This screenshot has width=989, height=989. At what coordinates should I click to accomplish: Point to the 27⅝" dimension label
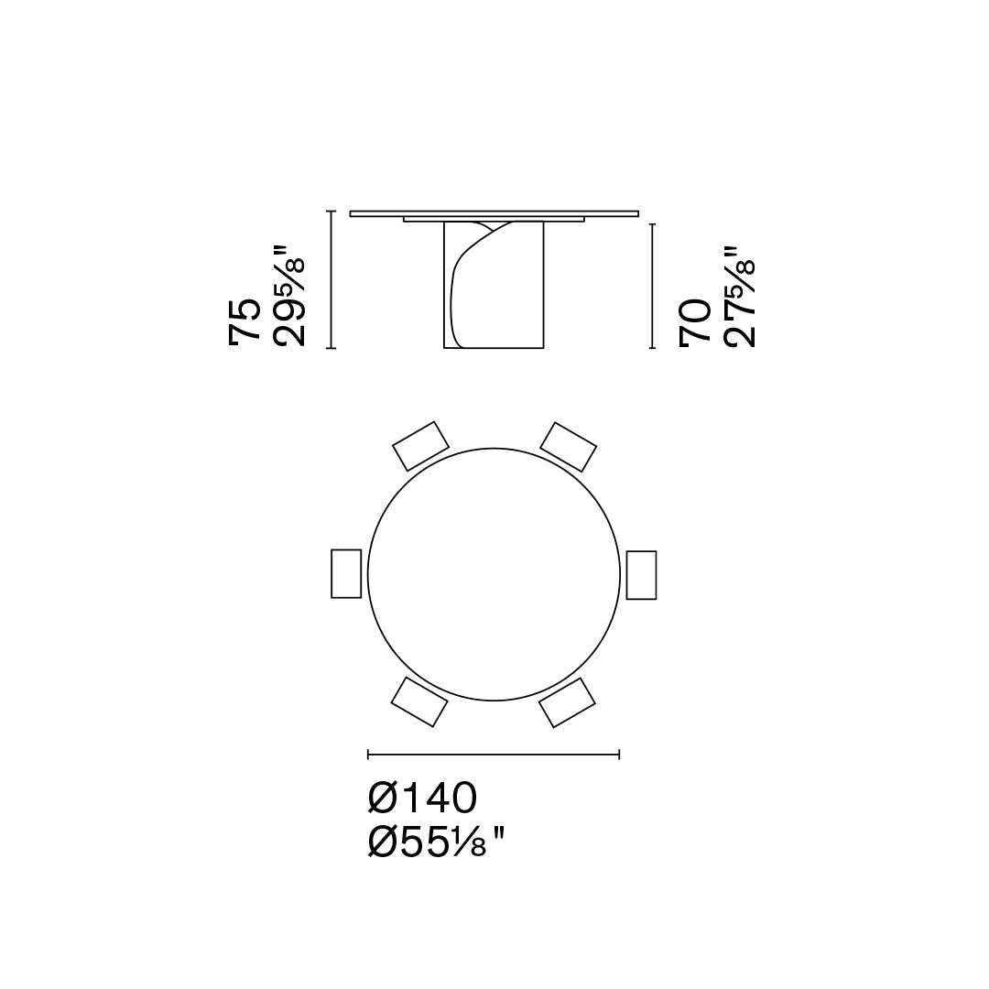(x=739, y=296)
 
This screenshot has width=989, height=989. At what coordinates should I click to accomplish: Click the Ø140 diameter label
(x=422, y=799)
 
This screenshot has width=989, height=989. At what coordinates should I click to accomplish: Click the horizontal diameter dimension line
(x=494, y=755)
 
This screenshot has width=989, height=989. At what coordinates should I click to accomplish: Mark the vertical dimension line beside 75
(x=331, y=279)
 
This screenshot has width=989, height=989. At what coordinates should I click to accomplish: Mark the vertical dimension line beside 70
(x=651, y=285)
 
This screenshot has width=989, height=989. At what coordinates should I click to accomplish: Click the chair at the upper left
(x=420, y=446)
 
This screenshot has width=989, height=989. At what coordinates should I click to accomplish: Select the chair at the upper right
(x=568, y=447)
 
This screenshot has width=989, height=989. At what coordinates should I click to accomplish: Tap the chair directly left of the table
(x=346, y=573)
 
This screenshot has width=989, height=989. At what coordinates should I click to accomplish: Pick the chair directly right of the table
(x=641, y=575)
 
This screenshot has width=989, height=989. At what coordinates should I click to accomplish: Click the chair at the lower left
(x=419, y=702)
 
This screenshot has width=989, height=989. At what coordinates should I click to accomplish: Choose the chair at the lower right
(x=567, y=703)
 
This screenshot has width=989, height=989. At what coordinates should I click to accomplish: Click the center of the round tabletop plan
(x=494, y=574)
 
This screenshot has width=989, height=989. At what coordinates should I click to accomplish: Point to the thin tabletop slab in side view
(x=494, y=213)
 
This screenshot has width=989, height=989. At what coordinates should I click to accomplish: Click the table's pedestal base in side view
(x=513, y=302)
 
